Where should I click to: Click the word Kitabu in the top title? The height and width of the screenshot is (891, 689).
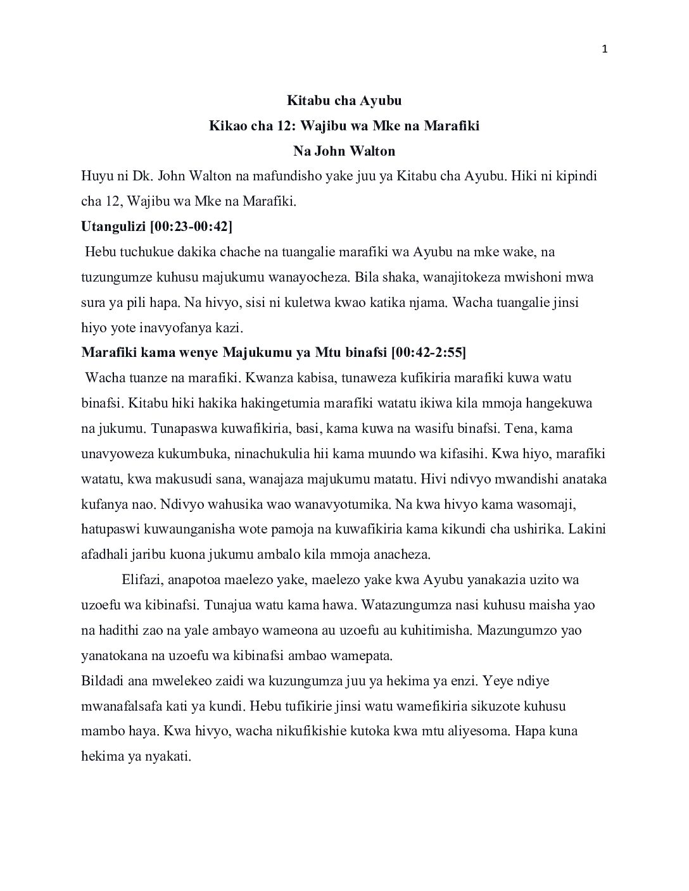(307, 101)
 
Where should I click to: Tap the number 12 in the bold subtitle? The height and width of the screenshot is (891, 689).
(284, 126)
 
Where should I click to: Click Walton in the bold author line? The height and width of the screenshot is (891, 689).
(372, 151)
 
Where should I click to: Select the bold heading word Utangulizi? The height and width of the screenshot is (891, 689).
(111, 227)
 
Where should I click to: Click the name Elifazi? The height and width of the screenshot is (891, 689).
(142, 580)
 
